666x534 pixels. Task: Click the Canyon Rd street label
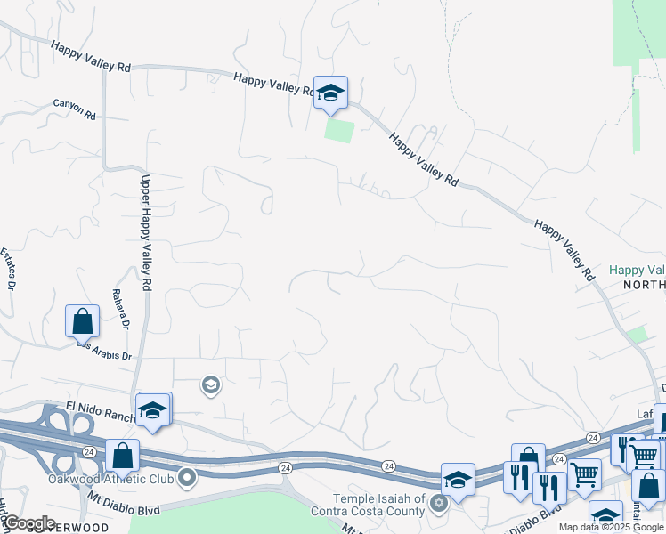[x=74, y=109]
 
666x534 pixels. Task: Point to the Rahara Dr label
[x=126, y=311]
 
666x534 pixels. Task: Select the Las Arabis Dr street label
[x=104, y=350]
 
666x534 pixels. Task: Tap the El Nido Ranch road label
[x=100, y=410]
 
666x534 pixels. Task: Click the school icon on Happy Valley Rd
[x=330, y=93]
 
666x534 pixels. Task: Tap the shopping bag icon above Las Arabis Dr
[x=82, y=321]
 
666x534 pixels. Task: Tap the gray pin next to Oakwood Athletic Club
[x=187, y=479]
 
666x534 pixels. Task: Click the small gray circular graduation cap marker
[x=210, y=385]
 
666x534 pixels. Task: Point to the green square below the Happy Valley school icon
[x=339, y=131]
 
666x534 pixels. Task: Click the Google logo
[x=29, y=523]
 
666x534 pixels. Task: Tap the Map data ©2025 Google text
[x=610, y=527]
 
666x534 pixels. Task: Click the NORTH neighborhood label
[x=644, y=285]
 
